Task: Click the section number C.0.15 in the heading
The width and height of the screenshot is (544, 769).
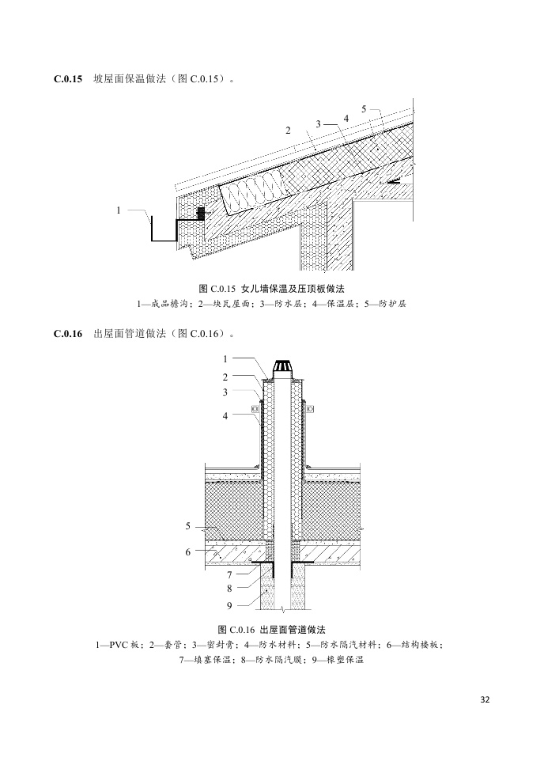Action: coord(68,79)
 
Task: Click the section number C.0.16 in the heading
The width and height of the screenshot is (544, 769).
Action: coord(68,334)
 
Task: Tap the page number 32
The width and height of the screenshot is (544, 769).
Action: coord(485,699)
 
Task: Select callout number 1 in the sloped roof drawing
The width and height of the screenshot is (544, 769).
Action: coord(119,210)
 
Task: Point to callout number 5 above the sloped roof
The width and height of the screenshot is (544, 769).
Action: coord(363,108)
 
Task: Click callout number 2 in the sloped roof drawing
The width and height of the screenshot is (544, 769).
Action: coord(289,128)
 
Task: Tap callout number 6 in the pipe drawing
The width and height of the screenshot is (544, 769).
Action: coord(188,551)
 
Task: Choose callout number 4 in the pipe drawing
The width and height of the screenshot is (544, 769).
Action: coord(225,415)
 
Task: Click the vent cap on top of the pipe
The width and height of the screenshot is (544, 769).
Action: coord(282,368)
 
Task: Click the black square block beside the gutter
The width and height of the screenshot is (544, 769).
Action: coord(201,214)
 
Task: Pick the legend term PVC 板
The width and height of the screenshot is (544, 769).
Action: coord(119,646)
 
